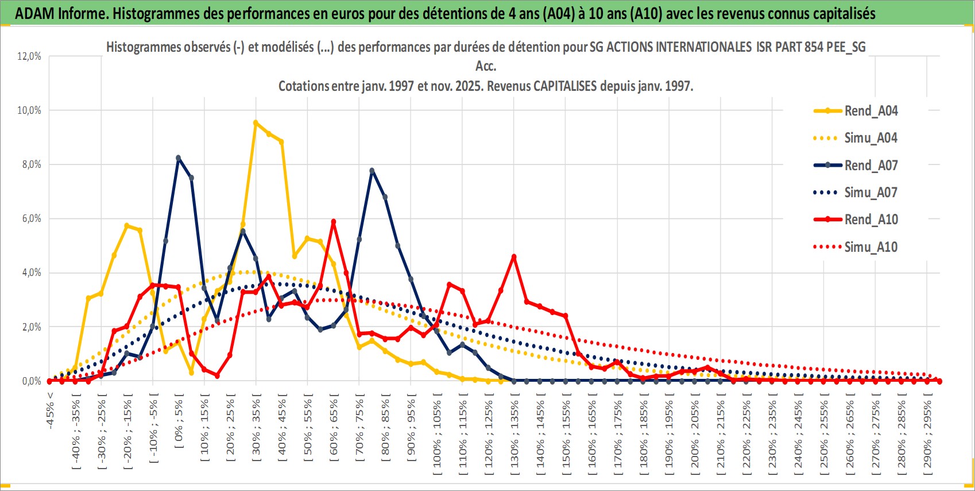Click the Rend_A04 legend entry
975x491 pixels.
tap(870, 111)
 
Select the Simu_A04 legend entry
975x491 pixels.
tap(870, 138)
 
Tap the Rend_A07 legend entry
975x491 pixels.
tap(870, 166)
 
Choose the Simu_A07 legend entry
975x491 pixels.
tap(870, 193)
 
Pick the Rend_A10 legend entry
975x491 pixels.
tap(870, 220)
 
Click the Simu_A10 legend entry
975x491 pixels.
tap(870, 247)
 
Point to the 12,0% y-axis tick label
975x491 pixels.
tap(29, 56)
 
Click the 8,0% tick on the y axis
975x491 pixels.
tap(31, 164)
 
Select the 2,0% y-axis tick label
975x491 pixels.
tap(31, 327)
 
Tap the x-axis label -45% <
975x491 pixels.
tap(51, 411)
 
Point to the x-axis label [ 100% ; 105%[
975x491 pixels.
tap(438, 434)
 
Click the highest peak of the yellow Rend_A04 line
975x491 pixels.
tap(256, 122)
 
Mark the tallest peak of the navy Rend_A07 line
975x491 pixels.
tap(179, 158)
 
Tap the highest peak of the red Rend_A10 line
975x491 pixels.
tap(333, 221)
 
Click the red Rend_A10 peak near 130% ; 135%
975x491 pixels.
tap(514, 256)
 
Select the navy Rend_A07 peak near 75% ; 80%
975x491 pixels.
tap(372, 170)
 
